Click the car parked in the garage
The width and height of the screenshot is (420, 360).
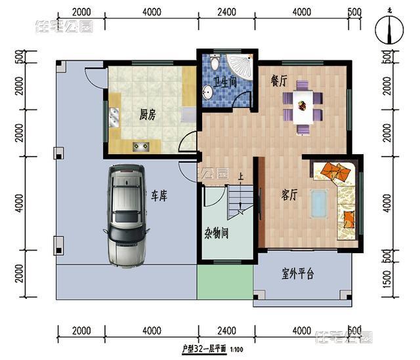(x=126, y=214)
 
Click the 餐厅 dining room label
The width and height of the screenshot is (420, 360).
(x=279, y=81)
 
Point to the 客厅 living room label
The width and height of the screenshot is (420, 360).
(x=289, y=195)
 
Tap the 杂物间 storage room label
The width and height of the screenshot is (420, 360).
(x=216, y=234)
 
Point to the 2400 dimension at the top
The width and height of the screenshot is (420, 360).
(x=226, y=12)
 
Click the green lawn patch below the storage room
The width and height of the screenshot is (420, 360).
(x=224, y=283)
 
